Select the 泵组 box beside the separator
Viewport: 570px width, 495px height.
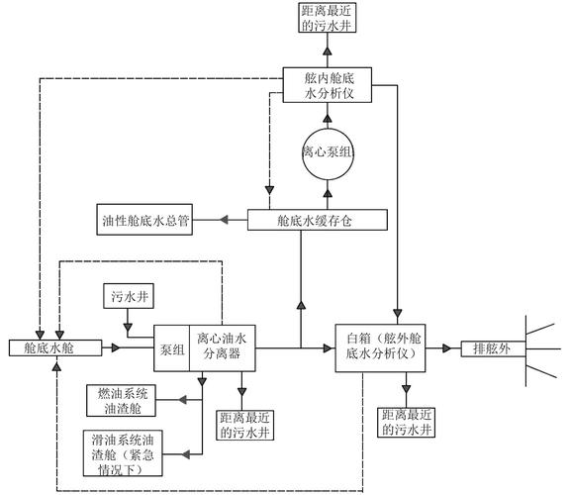[x=172, y=347]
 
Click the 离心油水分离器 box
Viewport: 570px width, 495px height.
[x=228, y=347]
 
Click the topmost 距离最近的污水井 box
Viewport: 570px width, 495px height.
[x=325, y=17]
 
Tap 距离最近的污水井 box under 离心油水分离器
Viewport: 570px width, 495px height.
[x=243, y=426]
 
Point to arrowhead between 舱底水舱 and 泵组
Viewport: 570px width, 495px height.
[x=117, y=347]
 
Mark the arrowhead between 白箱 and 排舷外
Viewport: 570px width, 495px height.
[x=449, y=347]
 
